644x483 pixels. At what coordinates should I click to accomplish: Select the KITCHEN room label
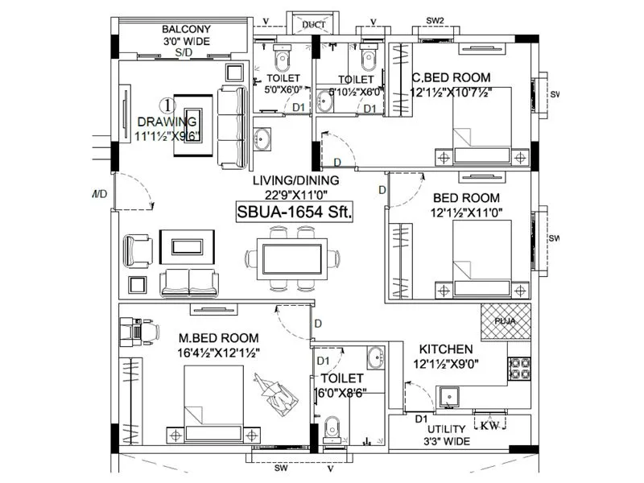445,349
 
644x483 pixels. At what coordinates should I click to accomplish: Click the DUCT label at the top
314,25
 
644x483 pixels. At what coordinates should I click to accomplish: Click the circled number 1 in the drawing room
167,104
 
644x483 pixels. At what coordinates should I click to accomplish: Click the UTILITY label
447,430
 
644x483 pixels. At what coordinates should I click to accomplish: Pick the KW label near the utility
489,426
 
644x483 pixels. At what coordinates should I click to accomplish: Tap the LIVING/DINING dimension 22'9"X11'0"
295,194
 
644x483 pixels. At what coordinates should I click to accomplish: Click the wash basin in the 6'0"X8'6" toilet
375,357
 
